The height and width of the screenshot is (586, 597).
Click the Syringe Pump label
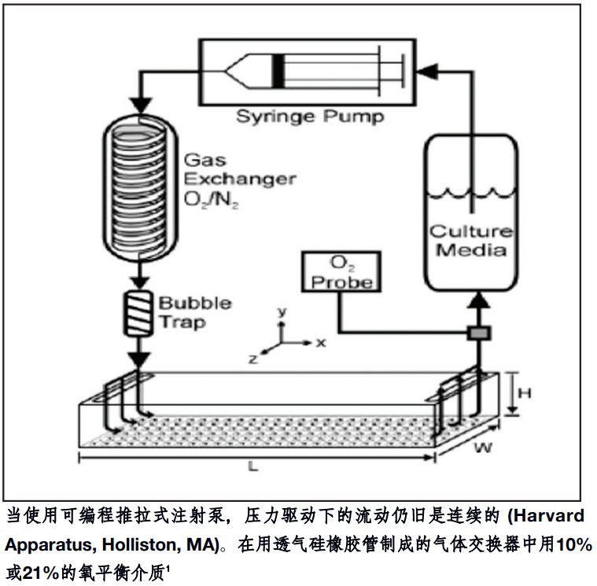311,117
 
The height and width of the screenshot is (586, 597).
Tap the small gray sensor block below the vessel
478,334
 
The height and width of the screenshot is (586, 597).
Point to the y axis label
281,311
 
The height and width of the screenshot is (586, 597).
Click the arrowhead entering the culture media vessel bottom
478,301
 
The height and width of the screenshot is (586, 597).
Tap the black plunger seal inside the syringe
278,71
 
